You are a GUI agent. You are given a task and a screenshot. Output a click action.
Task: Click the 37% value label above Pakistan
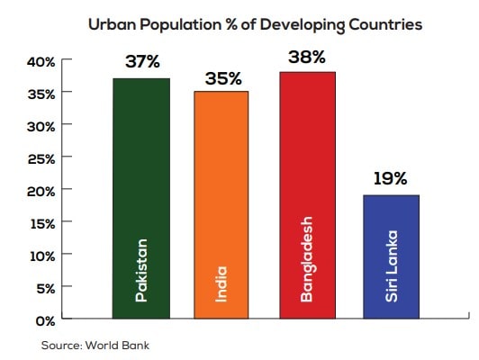[142, 64]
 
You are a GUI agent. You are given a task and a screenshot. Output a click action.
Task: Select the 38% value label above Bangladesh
[307, 57]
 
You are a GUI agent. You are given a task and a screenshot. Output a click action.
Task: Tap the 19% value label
[390, 178]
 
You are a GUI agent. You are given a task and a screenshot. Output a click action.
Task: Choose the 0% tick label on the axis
[45, 319]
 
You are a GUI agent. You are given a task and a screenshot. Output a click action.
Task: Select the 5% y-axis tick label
[45, 288]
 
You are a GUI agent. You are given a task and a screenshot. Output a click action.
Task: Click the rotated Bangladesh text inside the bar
[307, 257]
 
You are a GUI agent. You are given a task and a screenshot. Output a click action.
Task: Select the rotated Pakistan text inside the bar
[140, 270]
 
